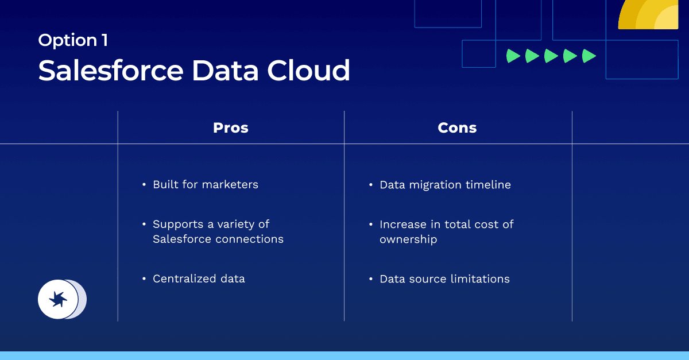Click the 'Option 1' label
coord(73,40)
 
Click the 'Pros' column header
coord(231,127)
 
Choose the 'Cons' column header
coord(457,127)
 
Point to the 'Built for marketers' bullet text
coord(205,184)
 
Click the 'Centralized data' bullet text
coord(199,278)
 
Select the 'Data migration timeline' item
coord(445,185)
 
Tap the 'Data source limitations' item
coord(444,279)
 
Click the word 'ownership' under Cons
coord(408,239)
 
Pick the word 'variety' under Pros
coord(237,224)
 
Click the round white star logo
coord(58,299)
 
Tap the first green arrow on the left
coord(513,56)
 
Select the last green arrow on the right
coord(589,56)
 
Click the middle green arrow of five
coord(551,56)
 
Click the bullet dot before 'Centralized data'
coord(144,279)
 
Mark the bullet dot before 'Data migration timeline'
coord(371,185)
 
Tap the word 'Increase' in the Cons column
coord(402,224)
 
